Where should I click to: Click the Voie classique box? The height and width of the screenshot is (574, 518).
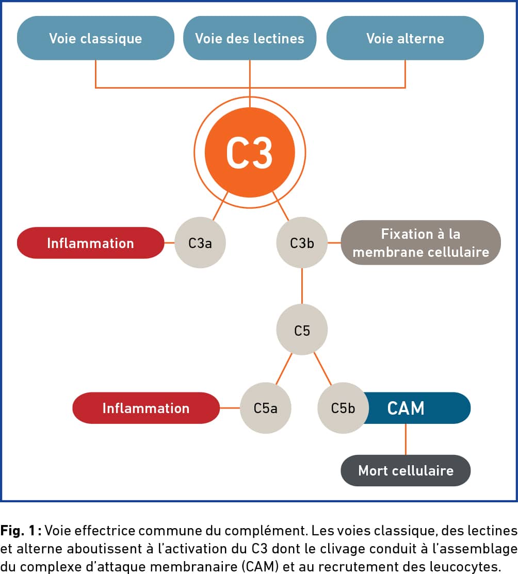point(95,38)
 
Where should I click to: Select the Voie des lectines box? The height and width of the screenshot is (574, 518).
point(250,38)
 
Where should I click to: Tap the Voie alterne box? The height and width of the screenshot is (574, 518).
point(405,38)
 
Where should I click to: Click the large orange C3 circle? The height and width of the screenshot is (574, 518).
point(250,152)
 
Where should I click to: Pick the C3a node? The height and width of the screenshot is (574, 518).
point(200,243)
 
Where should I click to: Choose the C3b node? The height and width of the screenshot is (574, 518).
point(302,243)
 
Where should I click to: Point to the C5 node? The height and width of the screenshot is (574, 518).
point(302,330)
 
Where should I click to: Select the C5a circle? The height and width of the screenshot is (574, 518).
point(266,408)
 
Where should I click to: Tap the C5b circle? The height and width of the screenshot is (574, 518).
point(343,408)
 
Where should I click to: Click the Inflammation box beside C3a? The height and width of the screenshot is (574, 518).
point(90,243)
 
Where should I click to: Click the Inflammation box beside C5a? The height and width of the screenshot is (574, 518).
point(146,408)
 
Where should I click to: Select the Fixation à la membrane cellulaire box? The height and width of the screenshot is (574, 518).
point(421,243)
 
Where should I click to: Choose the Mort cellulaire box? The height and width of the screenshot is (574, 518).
point(406,471)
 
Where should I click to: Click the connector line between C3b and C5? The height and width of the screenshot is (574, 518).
point(302,286)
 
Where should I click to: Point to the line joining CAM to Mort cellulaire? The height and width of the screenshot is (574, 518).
point(406,439)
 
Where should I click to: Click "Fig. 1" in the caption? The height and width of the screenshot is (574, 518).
point(18,531)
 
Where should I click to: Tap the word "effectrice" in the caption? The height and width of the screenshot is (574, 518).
point(105,531)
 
